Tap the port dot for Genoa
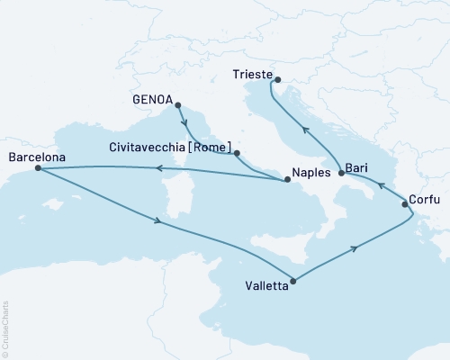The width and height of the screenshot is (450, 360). (177, 103)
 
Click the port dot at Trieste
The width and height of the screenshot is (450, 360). (275, 77)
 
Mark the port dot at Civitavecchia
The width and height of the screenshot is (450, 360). (237, 153)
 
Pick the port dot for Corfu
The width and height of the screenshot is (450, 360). (405, 205)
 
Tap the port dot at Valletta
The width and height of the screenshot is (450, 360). (294, 279)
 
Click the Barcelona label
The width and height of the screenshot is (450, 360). (36, 157)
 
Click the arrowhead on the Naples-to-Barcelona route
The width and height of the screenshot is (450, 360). (159, 168)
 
